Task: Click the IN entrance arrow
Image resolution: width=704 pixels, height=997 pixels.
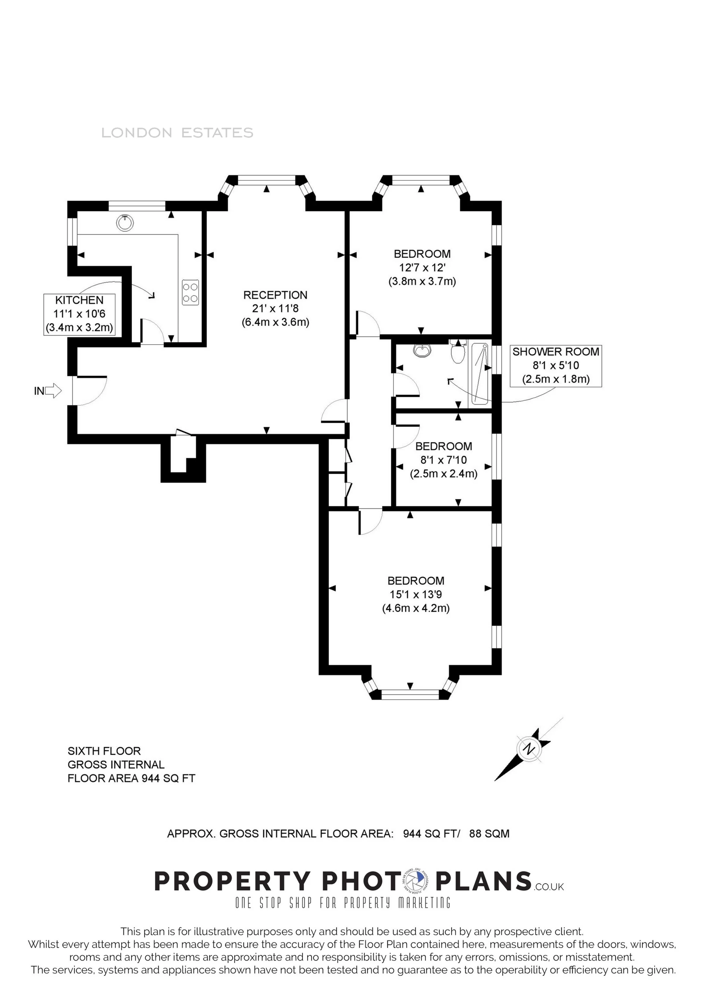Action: point(53,390)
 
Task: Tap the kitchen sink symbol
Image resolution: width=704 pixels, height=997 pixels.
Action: point(125,222)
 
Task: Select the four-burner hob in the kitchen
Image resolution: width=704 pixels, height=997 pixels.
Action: point(191,292)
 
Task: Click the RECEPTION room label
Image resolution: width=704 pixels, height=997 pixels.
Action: point(275,295)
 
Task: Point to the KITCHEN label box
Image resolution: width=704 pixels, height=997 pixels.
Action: point(79,314)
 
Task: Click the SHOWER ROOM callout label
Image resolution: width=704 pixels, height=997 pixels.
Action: point(556,365)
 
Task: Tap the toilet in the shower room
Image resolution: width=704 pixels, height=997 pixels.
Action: point(458,352)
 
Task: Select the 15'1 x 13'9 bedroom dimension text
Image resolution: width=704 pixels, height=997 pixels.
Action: point(415,595)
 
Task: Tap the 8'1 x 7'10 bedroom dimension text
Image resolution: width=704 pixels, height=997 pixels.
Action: point(443,460)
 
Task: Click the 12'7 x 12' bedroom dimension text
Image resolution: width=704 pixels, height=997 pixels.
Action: point(422,268)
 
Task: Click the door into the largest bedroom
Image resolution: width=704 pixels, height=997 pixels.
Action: point(370,521)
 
